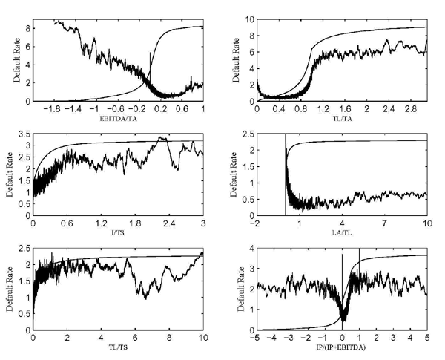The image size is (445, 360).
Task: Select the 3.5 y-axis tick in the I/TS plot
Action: [x=24, y=134]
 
